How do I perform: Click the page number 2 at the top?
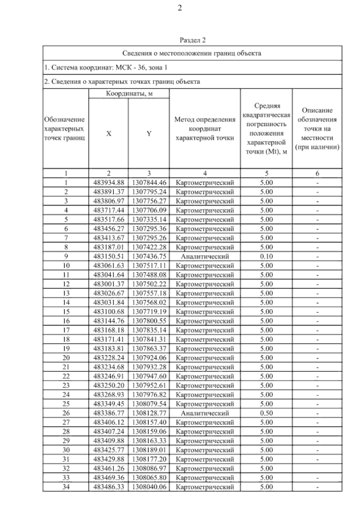click(180, 8)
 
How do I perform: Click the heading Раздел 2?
click(192, 40)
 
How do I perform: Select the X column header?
click(109, 134)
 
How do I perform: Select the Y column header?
click(149, 134)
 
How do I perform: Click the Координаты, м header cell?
click(129, 94)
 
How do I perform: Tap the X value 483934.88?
click(109, 182)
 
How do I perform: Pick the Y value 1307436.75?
click(149, 256)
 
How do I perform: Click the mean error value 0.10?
click(266, 256)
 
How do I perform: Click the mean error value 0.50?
click(266, 413)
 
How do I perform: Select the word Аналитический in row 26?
click(205, 413)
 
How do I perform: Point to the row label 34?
click(66, 487)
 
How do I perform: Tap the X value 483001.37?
click(109, 284)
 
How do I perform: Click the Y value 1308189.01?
click(149, 450)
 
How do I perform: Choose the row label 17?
click(66, 330)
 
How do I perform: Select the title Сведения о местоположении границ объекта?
click(192, 53)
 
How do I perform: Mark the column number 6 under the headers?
click(317, 173)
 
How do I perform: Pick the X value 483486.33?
click(109, 487)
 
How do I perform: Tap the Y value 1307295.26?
click(149, 238)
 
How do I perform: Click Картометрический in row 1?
click(205, 182)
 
